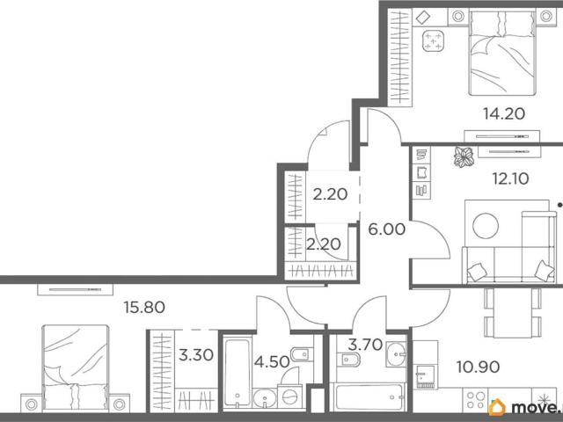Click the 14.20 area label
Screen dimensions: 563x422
point(504,113)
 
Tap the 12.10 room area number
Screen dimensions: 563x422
point(510,178)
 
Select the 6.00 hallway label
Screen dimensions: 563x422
point(387,229)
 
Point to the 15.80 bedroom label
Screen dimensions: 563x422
point(144,307)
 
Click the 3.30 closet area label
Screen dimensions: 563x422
point(196,355)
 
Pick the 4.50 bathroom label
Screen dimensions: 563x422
point(272,361)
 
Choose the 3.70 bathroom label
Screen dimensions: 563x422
point(365,345)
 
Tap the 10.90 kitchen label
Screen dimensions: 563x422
point(478,367)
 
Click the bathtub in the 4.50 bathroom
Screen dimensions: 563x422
point(237,373)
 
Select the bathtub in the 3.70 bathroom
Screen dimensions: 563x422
point(368,397)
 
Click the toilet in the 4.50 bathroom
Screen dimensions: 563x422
point(302,354)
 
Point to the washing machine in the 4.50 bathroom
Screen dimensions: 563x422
point(289,397)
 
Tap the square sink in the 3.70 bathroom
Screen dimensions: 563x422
point(396,354)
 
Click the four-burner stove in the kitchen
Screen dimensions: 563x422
point(475,400)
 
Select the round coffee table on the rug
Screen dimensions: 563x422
point(486,226)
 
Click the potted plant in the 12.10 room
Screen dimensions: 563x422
point(464,156)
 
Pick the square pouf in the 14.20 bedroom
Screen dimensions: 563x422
point(433,41)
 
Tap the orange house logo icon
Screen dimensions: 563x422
point(497,407)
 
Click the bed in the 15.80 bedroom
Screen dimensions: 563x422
point(75,367)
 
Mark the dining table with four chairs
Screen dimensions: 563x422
point(512,312)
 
